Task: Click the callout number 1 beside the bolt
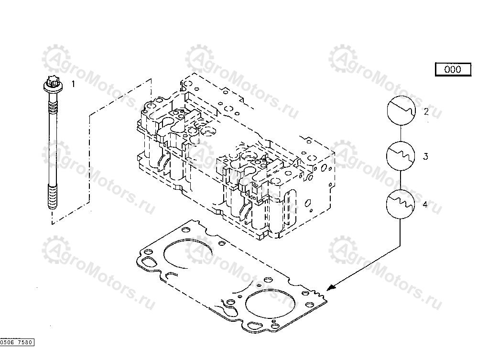coord(73,84)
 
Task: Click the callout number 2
coord(426,111)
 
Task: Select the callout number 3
coord(425,156)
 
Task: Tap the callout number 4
coord(425,204)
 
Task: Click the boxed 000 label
coord(453,69)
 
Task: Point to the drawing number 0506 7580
coord(17,342)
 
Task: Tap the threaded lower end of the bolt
coord(53,196)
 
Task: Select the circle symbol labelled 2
coord(401,110)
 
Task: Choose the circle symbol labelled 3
coord(401,156)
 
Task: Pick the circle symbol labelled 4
coord(400,204)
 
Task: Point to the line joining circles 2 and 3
coord(401,133)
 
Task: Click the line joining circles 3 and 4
coord(401,180)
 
